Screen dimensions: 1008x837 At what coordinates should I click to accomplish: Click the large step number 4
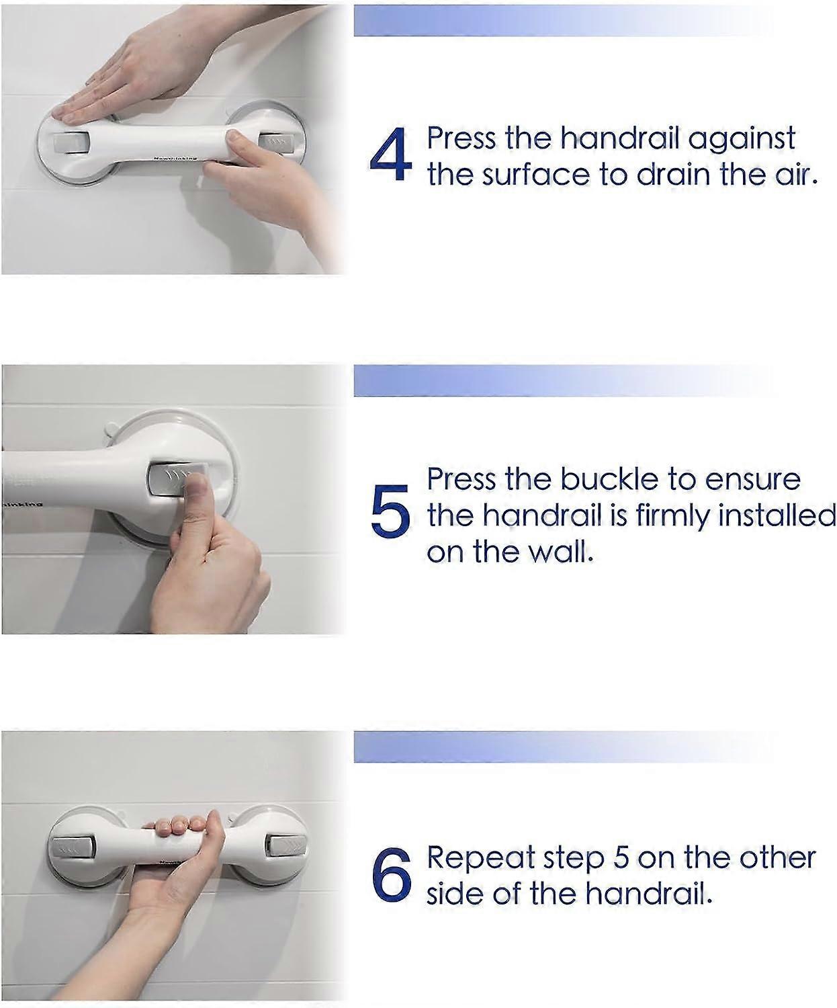[390, 155]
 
